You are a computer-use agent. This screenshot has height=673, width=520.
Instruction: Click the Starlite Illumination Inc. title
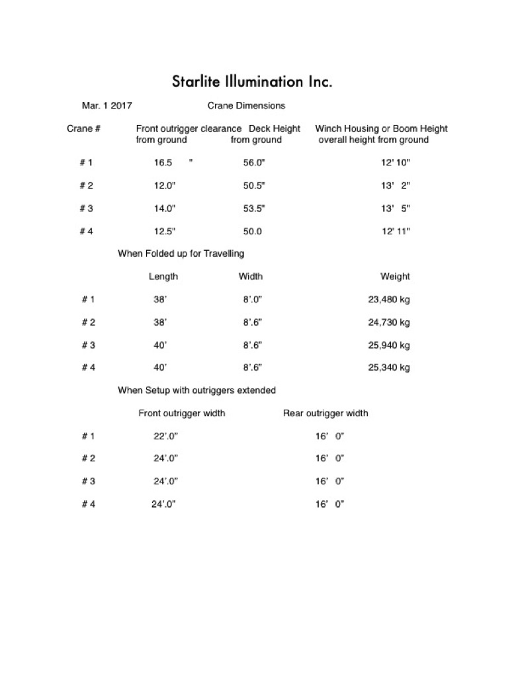pos(251,82)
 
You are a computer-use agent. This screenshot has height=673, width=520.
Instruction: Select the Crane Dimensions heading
pos(246,105)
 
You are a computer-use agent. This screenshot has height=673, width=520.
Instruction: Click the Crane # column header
pos(83,128)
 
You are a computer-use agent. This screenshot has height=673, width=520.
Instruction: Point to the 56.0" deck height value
pos(254,163)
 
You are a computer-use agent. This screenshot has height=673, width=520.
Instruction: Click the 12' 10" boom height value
pos(396,163)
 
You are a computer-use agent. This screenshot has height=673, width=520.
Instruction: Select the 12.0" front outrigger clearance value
pos(165,186)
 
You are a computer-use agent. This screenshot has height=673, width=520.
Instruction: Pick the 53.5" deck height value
pos(254,208)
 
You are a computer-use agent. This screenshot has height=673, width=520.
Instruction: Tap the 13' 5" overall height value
pos(396,208)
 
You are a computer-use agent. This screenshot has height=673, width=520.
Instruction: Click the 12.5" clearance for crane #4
pos(165,231)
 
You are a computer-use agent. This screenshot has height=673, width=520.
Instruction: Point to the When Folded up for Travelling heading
pos(181,253)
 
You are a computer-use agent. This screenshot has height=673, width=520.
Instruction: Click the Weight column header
pos(395,276)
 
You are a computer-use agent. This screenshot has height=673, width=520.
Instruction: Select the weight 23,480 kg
pos(389,299)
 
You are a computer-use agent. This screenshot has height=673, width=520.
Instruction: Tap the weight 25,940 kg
pos(389,345)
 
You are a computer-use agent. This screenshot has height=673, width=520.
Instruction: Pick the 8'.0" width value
pos(253,299)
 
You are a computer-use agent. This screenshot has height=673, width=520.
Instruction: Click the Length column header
pos(163,276)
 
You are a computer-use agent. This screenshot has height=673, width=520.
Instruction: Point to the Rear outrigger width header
pos(325,413)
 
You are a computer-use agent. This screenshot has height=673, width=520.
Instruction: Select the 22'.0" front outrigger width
pos(166,436)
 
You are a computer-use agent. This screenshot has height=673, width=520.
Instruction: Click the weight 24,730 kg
pos(389,322)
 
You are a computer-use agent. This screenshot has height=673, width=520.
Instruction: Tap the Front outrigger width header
pos(181,413)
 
